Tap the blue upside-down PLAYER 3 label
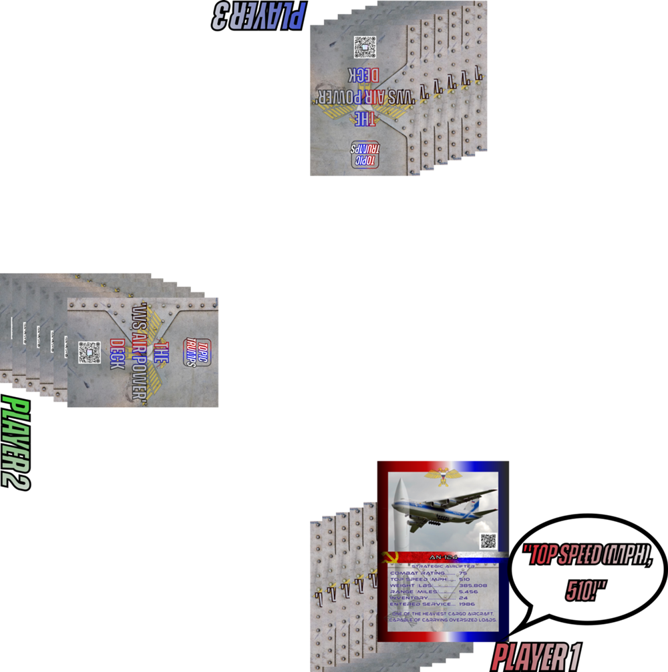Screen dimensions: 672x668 tap(259, 15)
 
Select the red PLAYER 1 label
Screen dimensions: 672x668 tap(536, 657)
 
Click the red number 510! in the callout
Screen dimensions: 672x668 tap(586, 590)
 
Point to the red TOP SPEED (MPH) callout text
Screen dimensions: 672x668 tap(587, 554)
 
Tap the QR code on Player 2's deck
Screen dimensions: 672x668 tap(89, 352)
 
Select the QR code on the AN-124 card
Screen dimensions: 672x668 tap(488, 541)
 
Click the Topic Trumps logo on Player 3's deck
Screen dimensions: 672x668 tap(365, 154)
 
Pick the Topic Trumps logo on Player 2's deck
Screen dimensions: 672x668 tap(196, 352)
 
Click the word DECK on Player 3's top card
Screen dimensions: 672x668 tap(365, 74)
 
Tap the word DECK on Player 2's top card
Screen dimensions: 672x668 tap(118, 354)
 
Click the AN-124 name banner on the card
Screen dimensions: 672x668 tap(443, 557)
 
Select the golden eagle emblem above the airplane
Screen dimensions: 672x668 tap(444, 476)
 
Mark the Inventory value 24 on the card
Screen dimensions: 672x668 tap(464, 598)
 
